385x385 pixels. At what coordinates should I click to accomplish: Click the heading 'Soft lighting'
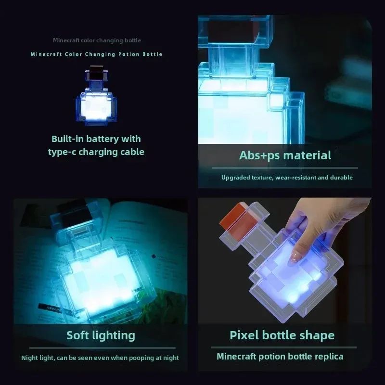point(101,335)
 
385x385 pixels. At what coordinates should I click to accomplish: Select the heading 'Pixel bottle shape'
point(282,335)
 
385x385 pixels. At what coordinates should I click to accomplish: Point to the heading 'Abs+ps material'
point(285,155)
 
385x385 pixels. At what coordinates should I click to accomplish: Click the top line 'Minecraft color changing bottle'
point(97,40)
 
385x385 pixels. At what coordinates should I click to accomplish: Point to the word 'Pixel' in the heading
point(244,335)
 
